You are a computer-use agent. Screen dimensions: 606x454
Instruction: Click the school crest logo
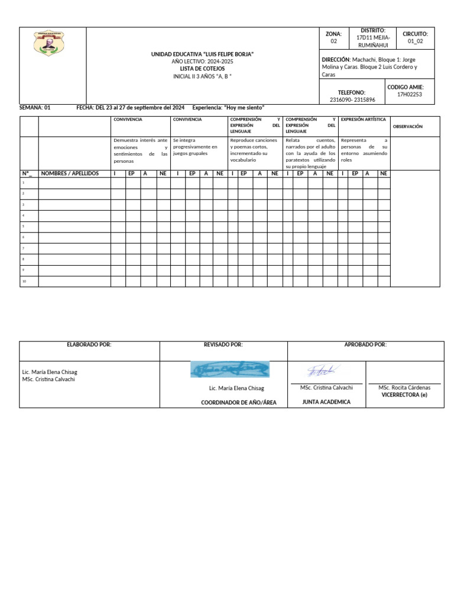49,43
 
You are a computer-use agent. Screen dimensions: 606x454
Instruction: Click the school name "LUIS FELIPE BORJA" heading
202,54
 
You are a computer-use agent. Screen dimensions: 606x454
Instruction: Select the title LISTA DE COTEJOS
202,69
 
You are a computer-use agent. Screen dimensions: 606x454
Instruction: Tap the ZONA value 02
333,41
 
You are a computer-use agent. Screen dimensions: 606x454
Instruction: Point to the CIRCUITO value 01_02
415,41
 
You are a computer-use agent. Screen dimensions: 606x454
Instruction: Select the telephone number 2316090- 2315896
352,99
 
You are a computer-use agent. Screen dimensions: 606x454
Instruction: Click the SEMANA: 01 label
35,108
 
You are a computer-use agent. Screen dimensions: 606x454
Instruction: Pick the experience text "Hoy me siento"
244,108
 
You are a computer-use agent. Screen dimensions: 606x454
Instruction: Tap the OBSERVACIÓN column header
408,126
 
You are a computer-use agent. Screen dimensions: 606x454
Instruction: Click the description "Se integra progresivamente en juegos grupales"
195,147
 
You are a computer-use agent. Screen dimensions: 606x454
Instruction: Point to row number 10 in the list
24,282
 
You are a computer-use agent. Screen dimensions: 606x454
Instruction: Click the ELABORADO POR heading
89,344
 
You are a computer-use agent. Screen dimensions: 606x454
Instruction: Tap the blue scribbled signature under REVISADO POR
230,369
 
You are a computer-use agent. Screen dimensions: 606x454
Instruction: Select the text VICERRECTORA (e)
404,395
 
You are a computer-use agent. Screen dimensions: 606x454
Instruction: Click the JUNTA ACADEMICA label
326,402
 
